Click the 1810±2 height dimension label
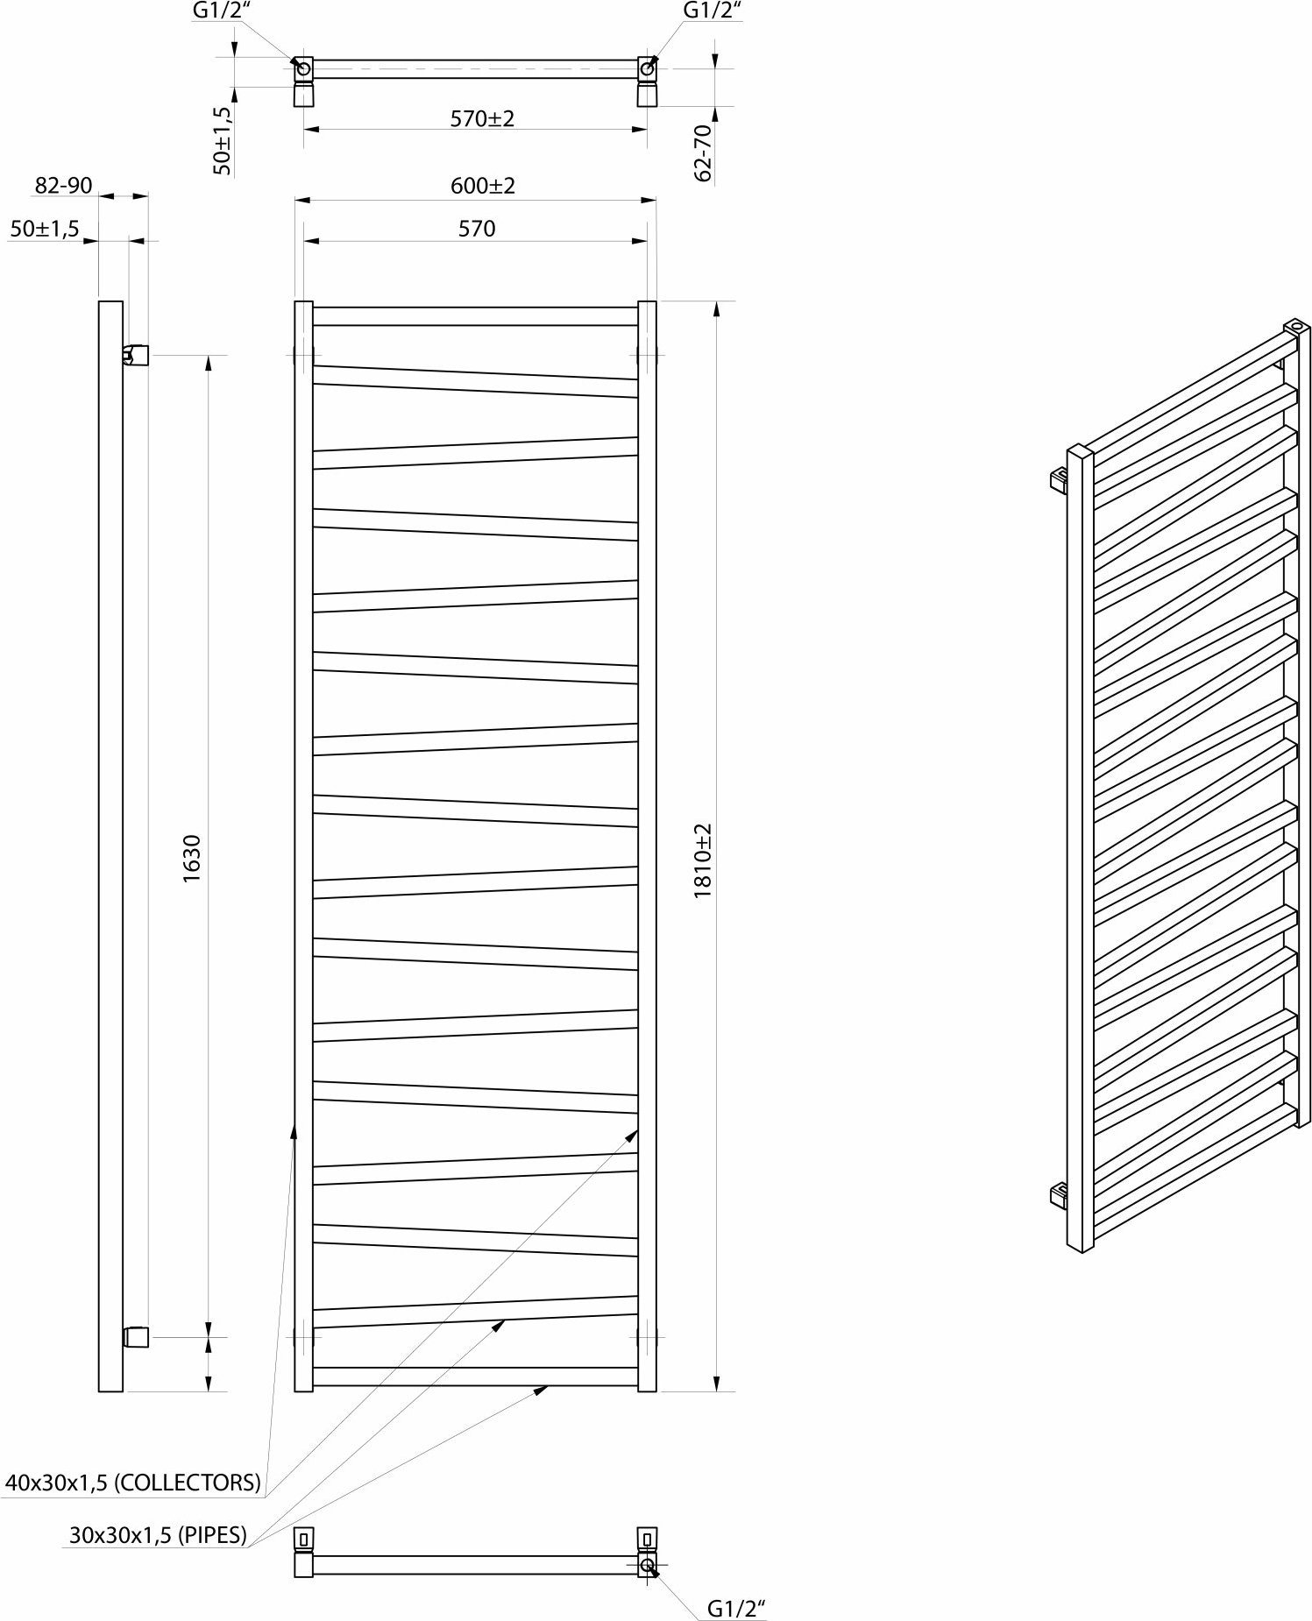click(x=704, y=860)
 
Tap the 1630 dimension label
click(x=193, y=859)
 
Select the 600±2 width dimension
click(x=483, y=186)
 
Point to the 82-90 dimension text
click(x=63, y=186)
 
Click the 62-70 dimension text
click(x=703, y=152)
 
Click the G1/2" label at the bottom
click(x=737, y=1609)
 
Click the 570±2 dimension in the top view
click(x=483, y=118)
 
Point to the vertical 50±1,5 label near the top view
click(x=223, y=141)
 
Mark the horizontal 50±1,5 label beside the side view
click(x=45, y=229)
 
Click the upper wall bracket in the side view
click(x=136, y=355)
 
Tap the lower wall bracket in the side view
click(x=136, y=1336)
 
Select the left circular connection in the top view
click(x=303, y=67)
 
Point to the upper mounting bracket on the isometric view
click(x=1060, y=480)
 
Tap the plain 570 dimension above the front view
click(x=477, y=229)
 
